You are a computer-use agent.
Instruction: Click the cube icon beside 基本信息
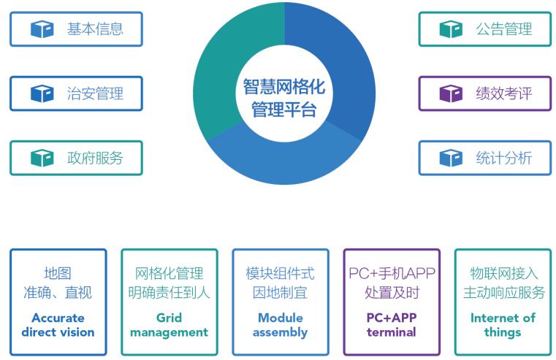coord(42,29)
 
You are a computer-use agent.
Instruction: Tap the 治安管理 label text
coord(95,93)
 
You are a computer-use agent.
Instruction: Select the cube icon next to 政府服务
coord(42,158)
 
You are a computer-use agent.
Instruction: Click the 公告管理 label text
coord(504,29)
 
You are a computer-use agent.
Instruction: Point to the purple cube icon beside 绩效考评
coord(451,93)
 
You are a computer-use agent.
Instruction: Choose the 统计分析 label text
coord(504,158)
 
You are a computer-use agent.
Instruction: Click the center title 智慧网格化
coord(284,86)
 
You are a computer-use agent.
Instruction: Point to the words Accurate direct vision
coord(58,325)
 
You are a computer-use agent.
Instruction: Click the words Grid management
coord(170,325)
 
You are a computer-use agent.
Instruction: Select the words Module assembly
coord(280,325)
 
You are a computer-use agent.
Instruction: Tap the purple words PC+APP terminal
coord(392,325)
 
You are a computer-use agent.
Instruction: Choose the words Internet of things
coord(503,325)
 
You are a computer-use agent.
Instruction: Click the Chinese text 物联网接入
coord(504,273)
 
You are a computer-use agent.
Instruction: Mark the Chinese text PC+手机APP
coord(392,273)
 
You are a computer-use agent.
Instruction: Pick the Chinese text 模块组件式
coord(280,273)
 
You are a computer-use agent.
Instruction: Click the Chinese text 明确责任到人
coord(170,293)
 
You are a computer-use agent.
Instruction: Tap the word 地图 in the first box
coord(58,273)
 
